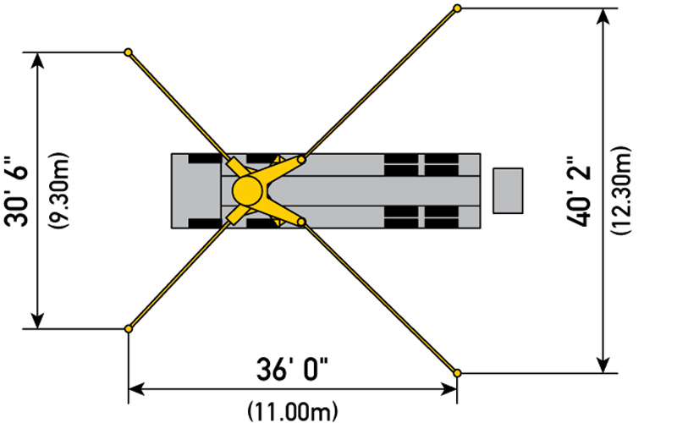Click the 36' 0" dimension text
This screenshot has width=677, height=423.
292,369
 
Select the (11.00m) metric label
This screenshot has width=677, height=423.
293,411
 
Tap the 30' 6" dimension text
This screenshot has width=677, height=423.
17,191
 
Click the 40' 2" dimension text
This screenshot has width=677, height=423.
579,191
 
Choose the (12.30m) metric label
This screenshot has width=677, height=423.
621,191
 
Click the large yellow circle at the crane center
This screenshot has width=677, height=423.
247,190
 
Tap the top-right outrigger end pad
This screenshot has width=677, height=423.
457,8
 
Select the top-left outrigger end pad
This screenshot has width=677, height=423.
128,52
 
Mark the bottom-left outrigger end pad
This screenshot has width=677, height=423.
129,329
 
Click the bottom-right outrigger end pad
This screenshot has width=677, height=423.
457,373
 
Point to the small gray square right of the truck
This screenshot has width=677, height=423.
509,191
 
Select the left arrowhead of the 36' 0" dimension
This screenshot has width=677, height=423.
136,389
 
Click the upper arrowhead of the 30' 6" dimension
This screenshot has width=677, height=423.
38,60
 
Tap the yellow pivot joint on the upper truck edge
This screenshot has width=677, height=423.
301,160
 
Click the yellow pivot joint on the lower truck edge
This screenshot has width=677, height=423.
301,222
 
